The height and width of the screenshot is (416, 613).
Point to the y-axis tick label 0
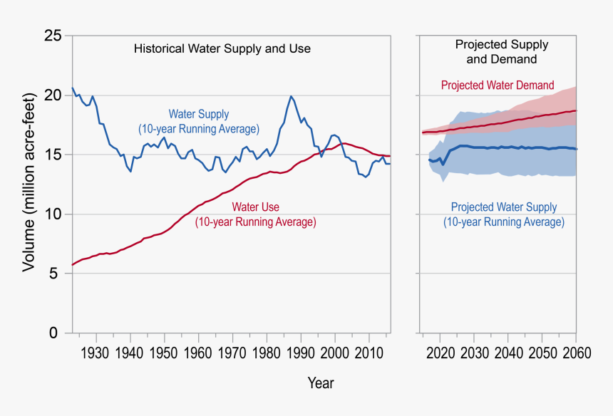pos(55,333)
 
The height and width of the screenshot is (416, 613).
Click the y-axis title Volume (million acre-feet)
pos(29,182)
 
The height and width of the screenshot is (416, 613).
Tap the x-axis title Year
pos(320,383)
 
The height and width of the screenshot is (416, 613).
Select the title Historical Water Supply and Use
pos(222,49)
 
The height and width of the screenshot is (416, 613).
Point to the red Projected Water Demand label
pos(497,85)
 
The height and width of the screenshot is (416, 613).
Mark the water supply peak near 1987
pos(291,96)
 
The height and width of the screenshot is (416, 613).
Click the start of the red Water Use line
pos(72,265)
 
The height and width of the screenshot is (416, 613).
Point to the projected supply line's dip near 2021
pos(443,165)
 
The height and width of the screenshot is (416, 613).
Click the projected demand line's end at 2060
pos(576,110)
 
